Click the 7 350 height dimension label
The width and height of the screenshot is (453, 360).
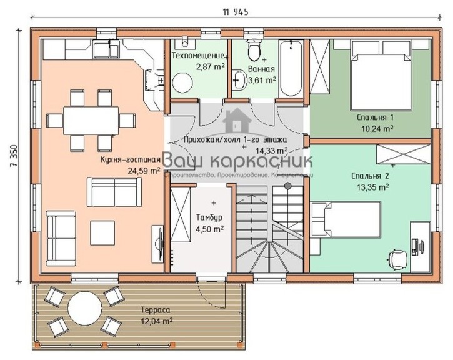point(12,154)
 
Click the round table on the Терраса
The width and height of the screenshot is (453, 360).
point(84,308)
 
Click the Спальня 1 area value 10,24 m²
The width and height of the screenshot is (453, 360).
point(375,129)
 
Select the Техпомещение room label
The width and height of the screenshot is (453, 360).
point(199,56)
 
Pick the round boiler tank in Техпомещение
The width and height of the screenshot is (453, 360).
point(183,83)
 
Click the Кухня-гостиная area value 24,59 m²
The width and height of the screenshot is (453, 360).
point(143,169)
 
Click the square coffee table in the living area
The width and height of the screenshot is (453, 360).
point(102,232)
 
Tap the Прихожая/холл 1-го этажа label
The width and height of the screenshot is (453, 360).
point(236,139)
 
